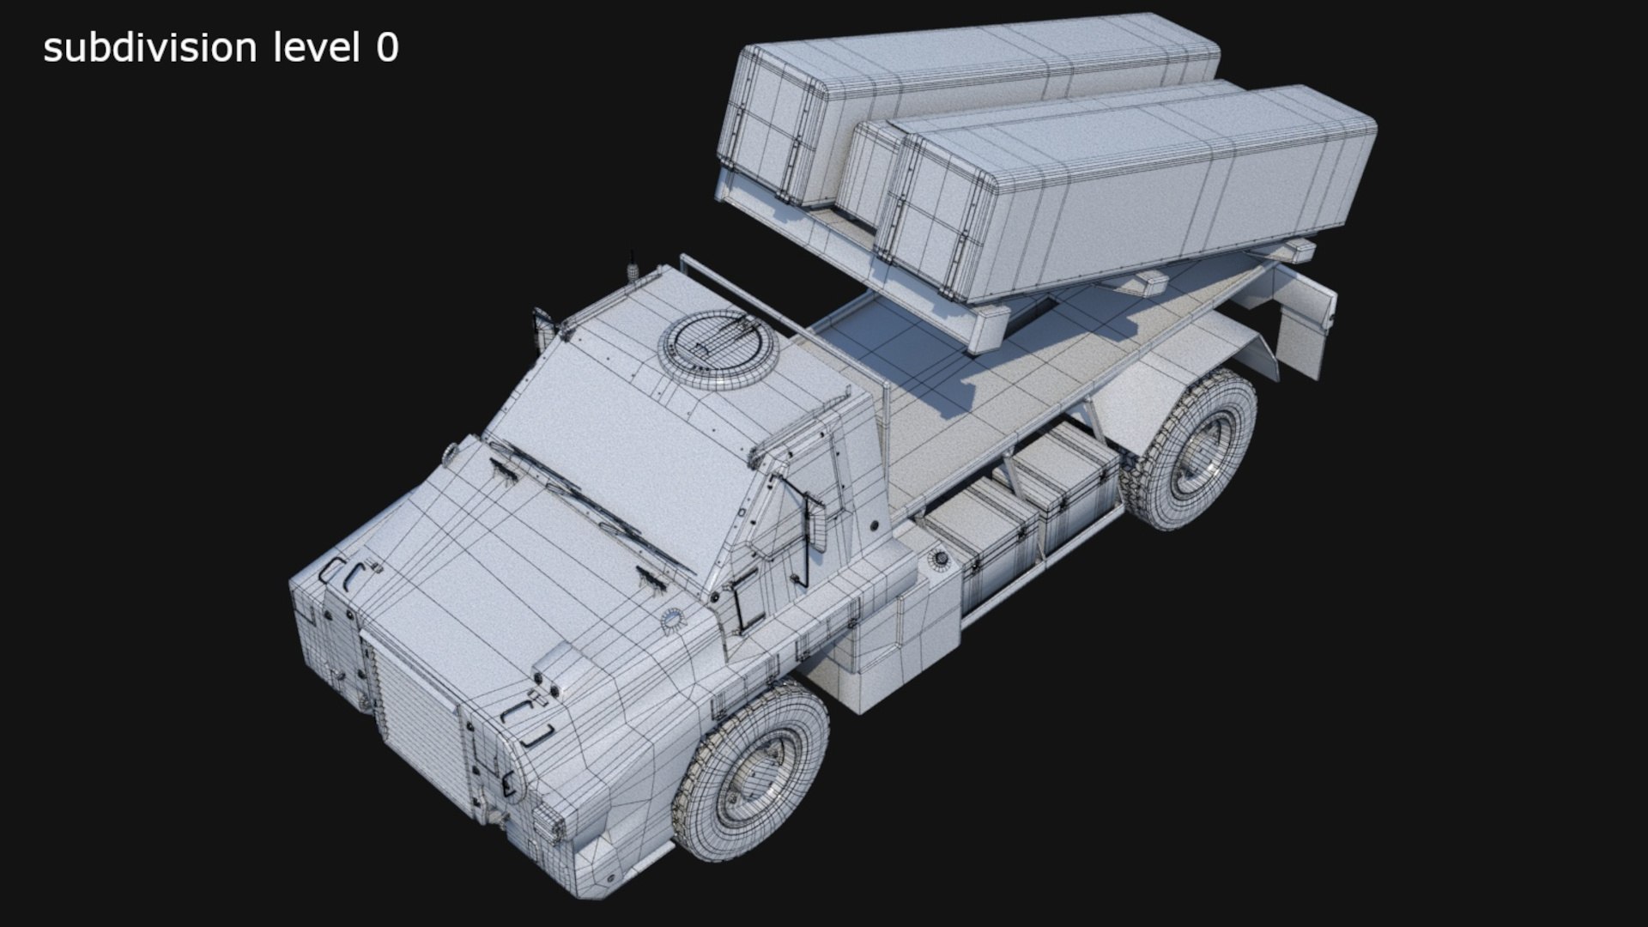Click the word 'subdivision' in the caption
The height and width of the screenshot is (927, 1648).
click(150, 48)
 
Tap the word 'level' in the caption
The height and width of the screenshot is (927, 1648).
click(316, 48)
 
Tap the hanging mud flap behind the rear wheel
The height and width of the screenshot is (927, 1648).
click(1305, 326)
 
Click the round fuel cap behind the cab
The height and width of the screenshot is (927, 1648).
click(941, 560)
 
